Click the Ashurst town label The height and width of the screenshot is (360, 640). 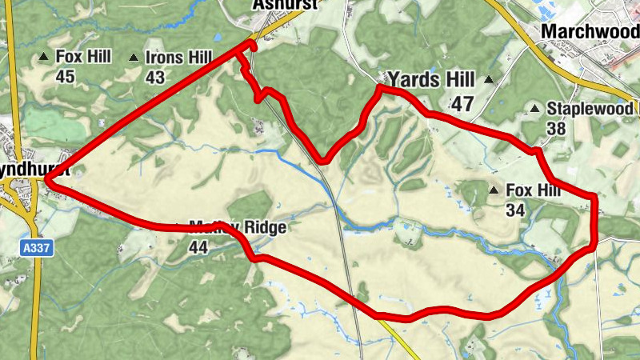click(285, 4)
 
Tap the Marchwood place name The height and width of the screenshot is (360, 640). click(590, 30)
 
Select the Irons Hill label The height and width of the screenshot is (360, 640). click(178, 57)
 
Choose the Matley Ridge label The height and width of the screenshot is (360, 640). click(237, 228)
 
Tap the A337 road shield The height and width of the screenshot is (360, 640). click(37, 249)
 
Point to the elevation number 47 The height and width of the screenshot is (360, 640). click(462, 103)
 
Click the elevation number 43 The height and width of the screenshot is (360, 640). click(155, 78)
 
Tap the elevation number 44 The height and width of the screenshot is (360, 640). click(198, 246)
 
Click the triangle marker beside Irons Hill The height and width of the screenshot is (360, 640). click(134, 58)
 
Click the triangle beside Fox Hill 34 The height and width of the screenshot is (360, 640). click(494, 190)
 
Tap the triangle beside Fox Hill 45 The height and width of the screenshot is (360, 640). click(44, 57)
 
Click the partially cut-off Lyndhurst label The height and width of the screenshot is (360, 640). click(22, 171)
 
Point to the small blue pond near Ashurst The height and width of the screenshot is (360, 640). click(218, 38)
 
